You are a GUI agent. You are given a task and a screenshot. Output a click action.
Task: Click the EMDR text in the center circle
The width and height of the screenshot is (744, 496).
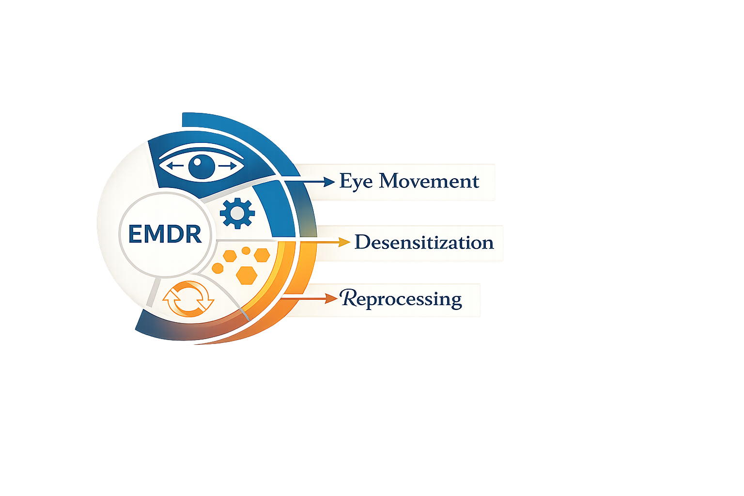pos(165,234)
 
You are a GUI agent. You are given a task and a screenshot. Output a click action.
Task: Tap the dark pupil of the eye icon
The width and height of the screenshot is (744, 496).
pos(201,166)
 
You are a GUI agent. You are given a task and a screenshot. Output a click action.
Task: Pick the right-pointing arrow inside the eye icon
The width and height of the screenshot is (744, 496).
pos(230,166)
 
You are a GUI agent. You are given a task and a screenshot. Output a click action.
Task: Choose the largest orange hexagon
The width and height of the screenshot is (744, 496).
pos(247,274)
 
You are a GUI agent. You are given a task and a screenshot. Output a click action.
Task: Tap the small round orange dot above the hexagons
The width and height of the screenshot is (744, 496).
pos(246,250)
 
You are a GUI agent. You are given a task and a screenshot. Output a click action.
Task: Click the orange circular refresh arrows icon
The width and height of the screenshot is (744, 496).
pos(188,298)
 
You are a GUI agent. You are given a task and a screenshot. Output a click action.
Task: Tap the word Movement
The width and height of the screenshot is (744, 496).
pos(429,181)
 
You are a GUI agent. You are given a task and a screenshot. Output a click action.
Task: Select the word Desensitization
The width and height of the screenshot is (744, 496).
pos(424,242)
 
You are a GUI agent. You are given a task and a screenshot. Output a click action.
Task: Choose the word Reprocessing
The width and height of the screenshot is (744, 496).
pos(401,299)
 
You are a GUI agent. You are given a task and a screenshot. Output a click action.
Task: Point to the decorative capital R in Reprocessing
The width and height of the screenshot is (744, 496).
pos(349,298)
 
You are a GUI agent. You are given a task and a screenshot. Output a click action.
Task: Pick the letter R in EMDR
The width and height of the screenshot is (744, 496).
pos(193,234)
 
